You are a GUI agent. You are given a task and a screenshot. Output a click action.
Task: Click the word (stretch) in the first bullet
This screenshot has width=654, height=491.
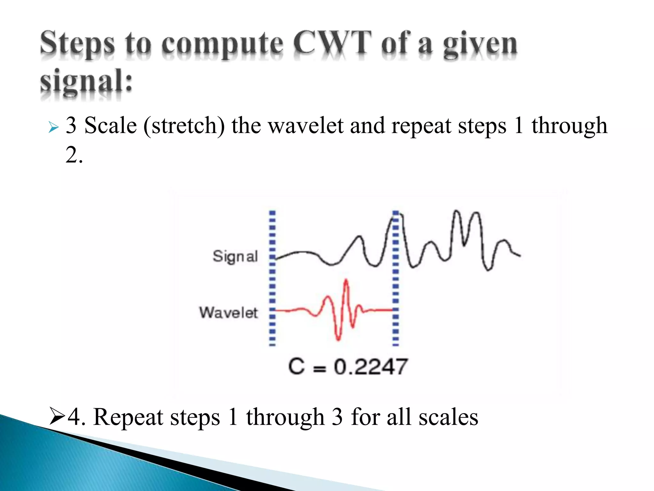(184, 126)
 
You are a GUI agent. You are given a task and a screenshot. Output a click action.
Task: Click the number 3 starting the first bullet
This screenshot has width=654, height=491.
(71, 125)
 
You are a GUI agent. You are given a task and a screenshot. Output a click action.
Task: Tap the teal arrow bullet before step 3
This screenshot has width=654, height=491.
(53, 128)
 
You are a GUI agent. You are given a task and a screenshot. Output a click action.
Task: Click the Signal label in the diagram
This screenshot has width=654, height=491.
(235, 256)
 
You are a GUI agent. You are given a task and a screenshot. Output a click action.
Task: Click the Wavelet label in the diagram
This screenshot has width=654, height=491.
(229, 313)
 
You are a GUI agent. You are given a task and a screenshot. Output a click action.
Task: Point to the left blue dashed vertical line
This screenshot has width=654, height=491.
(272, 278)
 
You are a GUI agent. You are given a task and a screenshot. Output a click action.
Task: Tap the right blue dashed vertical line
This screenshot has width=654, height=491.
(395, 278)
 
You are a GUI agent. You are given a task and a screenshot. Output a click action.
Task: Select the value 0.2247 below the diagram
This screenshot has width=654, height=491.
(371, 367)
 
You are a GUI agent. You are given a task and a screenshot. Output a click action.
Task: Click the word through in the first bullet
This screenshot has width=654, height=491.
(569, 126)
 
